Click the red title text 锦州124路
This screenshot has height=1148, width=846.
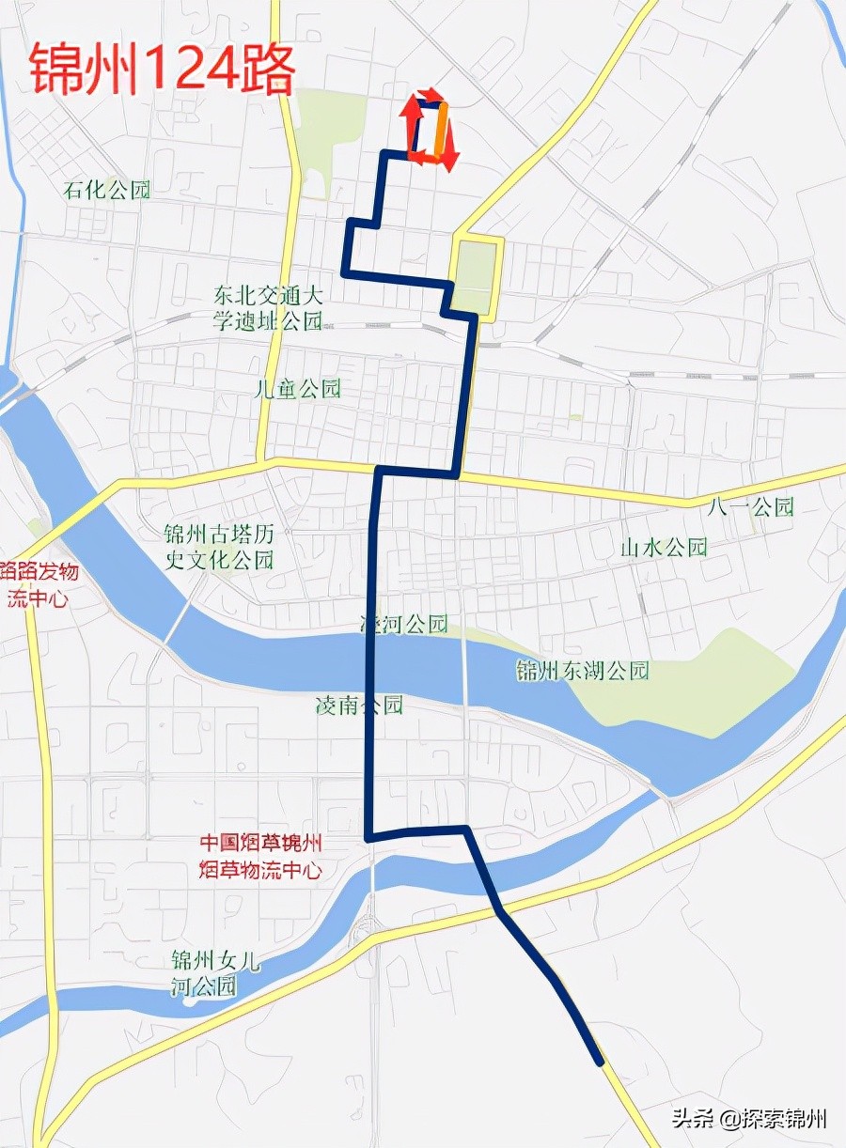[x=162, y=70]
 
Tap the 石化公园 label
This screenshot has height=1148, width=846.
[x=107, y=190]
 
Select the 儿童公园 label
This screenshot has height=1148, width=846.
[x=297, y=389]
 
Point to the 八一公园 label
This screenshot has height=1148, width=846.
[x=751, y=507]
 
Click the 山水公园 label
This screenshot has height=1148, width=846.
[x=664, y=548]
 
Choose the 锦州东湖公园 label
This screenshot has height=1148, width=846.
[x=583, y=671]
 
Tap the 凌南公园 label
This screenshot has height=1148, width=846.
[x=360, y=705]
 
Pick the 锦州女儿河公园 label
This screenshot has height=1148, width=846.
[x=204, y=973]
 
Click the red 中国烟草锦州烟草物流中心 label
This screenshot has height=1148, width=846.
[x=260, y=857]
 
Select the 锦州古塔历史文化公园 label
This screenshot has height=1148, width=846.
[x=219, y=548]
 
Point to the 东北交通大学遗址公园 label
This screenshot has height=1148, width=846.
[x=268, y=309]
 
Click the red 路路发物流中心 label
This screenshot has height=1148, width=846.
[x=39, y=584]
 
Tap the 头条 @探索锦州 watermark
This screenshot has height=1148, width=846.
[x=748, y=1119]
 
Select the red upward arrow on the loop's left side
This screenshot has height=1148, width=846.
[x=411, y=117]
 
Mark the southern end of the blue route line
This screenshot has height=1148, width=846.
[x=599, y=1063]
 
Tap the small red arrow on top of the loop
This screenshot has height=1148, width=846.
[x=430, y=94]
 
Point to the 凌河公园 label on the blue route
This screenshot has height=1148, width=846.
[x=405, y=624]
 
